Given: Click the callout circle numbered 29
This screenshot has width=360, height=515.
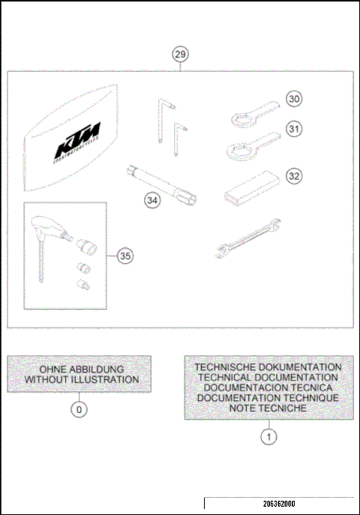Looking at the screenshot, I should [x=180, y=54].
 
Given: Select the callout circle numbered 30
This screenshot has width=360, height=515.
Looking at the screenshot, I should [x=294, y=98].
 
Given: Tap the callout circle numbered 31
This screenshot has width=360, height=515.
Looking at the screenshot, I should [x=294, y=129].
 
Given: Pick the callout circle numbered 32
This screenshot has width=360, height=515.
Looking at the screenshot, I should [x=294, y=176].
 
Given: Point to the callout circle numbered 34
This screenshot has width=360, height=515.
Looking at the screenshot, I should [x=153, y=200].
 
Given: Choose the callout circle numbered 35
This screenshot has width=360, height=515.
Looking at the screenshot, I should [x=125, y=256].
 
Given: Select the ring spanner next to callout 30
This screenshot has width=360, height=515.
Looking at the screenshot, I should [x=250, y=113].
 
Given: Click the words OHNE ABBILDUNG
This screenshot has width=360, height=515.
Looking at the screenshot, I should [x=79, y=369].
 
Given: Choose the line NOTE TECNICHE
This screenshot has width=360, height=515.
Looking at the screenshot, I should [x=268, y=408].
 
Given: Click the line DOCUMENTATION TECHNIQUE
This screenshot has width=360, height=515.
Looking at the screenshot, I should [x=268, y=398].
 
